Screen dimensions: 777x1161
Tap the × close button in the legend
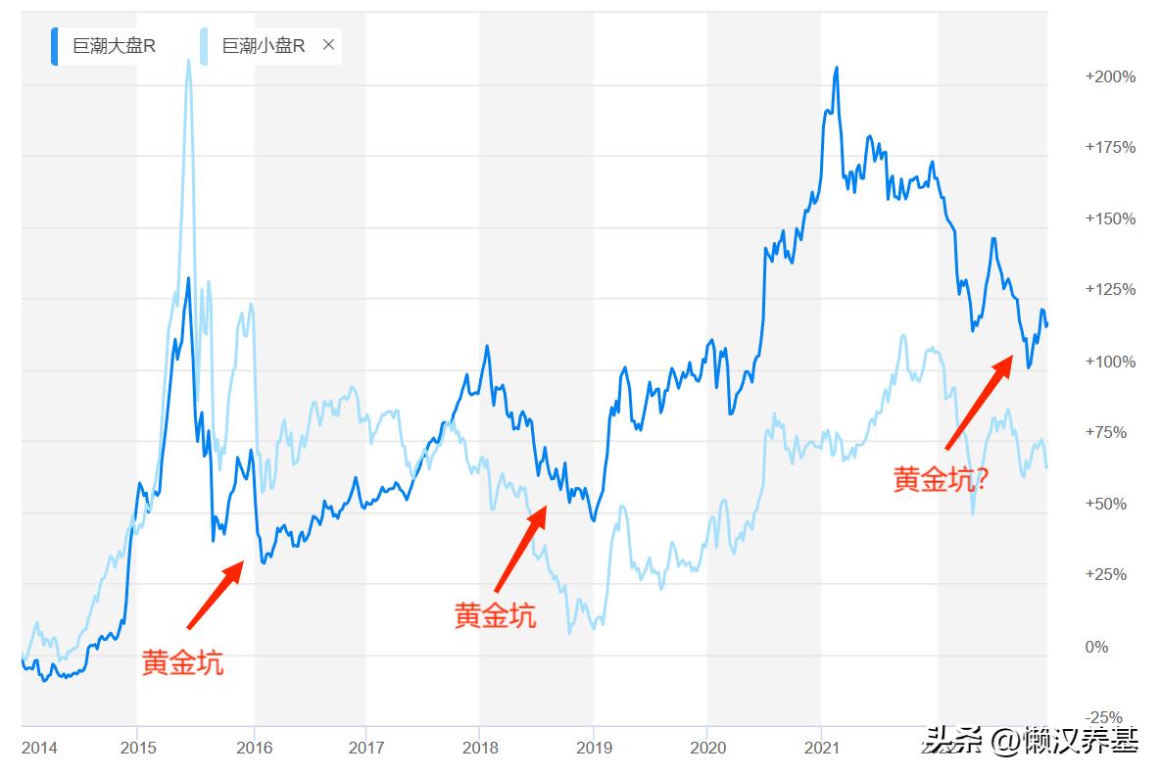coord(328,45)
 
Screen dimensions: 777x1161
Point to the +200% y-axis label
coord(1109,76)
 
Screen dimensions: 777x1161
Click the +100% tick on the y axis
coord(1109,362)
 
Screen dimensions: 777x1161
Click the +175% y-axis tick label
coord(1109,148)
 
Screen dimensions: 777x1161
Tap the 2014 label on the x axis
coord(39,749)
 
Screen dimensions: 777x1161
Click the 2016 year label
coord(254,749)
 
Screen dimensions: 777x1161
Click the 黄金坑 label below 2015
coord(182,663)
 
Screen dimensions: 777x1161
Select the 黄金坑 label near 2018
coord(495,616)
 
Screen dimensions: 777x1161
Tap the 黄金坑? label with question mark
coord(941,478)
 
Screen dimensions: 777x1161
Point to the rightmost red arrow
coord(979,402)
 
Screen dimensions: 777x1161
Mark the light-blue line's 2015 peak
coord(188,61)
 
